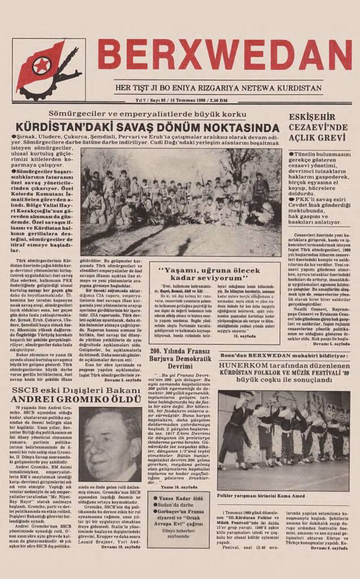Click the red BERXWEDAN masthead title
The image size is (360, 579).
point(224,55)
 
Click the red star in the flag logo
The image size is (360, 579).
point(41,66)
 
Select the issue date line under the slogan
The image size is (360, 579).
point(181,100)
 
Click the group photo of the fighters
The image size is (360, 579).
point(181,201)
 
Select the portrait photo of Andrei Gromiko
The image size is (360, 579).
point(110,444)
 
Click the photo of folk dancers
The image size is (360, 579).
point(283,433)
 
